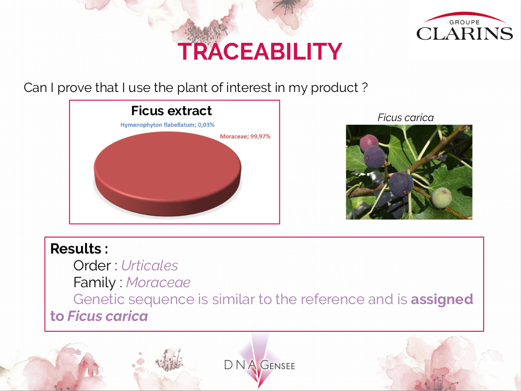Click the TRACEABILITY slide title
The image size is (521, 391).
[x=260, y=51]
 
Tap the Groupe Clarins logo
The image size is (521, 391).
[x=465, y=27]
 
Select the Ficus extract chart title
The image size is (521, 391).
[x=172, y=111]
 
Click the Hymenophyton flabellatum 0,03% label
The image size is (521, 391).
[x=167, y=125]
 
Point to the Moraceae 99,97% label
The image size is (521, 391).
[x=245, y=136]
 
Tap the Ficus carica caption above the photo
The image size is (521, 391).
[x=405, y=118]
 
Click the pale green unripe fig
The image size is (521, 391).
[x=442, y=198]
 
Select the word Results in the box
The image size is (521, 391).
[x=76, y=249]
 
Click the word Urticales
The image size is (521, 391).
[x=150, y=266]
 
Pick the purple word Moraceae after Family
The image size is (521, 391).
[x=158, y=283]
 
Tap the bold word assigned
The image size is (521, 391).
[x=442, y=300]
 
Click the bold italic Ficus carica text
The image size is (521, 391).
[x=108, y=316]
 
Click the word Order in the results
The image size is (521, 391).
[x=92, y=266]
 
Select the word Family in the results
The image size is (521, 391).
[x=94, y=283]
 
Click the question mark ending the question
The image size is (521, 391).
[x=364, y=87]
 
